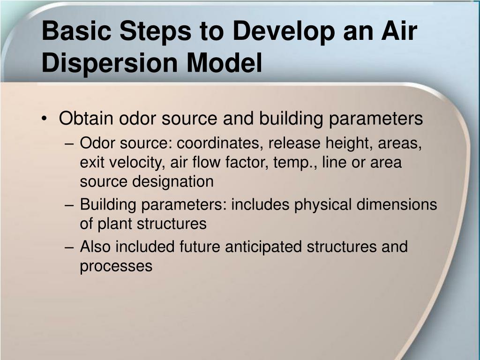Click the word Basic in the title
[x=76, y=30]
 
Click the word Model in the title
[x=224, y=62]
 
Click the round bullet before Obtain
[x=45, y=119]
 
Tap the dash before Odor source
[x=69, y=143]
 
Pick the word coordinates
[x=220, y=143]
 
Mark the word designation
[x=173, y=182]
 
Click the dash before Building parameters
[x=69, y=205]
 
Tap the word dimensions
[x=397, y=204]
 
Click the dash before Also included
[x=69, y=247]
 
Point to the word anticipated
[x=263, y=247]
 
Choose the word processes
[x=116, y=267]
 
